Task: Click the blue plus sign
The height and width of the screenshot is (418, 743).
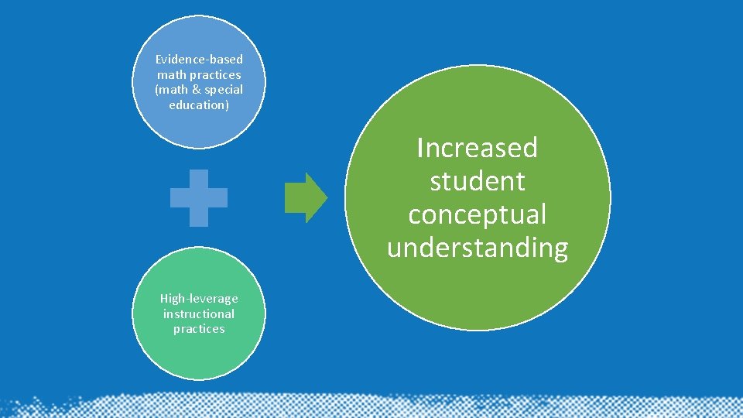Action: click(199, 197)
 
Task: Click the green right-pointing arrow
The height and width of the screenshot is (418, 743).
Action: click(306, 197)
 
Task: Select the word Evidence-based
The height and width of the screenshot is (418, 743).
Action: click(199, 60)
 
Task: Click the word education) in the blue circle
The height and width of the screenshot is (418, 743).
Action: click(199, 105)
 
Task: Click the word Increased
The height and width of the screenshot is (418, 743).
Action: click(477, 148)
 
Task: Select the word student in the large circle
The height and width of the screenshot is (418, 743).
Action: click(477, 181)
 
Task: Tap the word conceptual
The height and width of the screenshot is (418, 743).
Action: click(477, 214)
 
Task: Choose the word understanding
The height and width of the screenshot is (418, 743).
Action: click(477, 248)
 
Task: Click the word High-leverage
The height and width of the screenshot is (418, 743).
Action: click(199, 299)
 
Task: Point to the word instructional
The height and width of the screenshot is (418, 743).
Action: click(199, 313)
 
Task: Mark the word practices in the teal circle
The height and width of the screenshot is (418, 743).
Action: click(199, 329)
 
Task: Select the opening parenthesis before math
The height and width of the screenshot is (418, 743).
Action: click(157, 90)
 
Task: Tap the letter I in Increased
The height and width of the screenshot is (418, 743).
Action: click(419, 148)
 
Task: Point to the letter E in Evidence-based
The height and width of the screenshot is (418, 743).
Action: click(159, 60)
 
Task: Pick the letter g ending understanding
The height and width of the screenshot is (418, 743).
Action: click(560, 250)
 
